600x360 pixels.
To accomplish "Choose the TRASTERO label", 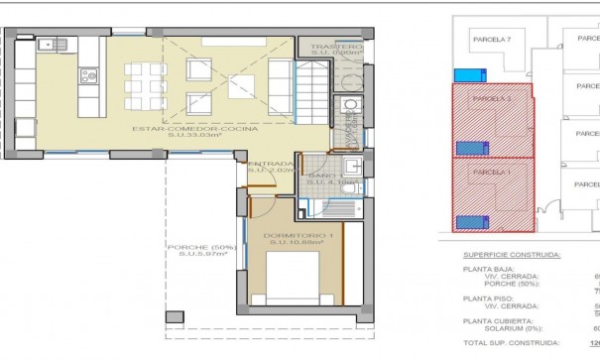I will click(335, 48).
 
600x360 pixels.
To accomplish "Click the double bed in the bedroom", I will click(294, 281).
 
